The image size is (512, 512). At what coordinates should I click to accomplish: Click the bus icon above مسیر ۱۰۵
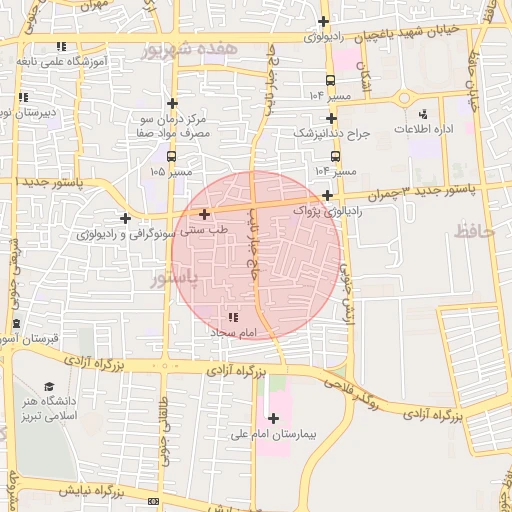[172, 156]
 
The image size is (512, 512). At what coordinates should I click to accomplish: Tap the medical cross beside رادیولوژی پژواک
[328, 195]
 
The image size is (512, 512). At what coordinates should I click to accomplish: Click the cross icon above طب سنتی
[204, 213]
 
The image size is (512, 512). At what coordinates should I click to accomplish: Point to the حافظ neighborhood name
[476, 231]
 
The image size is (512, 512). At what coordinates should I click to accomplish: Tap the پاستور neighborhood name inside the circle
[175, 274]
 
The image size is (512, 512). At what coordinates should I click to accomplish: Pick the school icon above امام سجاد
[234, 317]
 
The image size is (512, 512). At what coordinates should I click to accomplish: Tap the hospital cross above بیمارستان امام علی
[273, 418]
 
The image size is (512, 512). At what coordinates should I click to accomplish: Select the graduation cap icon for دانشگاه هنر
[49, 387]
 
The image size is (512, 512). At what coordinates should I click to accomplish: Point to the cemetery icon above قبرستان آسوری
[16, 324]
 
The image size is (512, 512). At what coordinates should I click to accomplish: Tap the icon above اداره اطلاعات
[424, 114]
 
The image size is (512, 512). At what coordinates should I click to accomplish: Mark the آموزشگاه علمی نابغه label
[61, 61]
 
